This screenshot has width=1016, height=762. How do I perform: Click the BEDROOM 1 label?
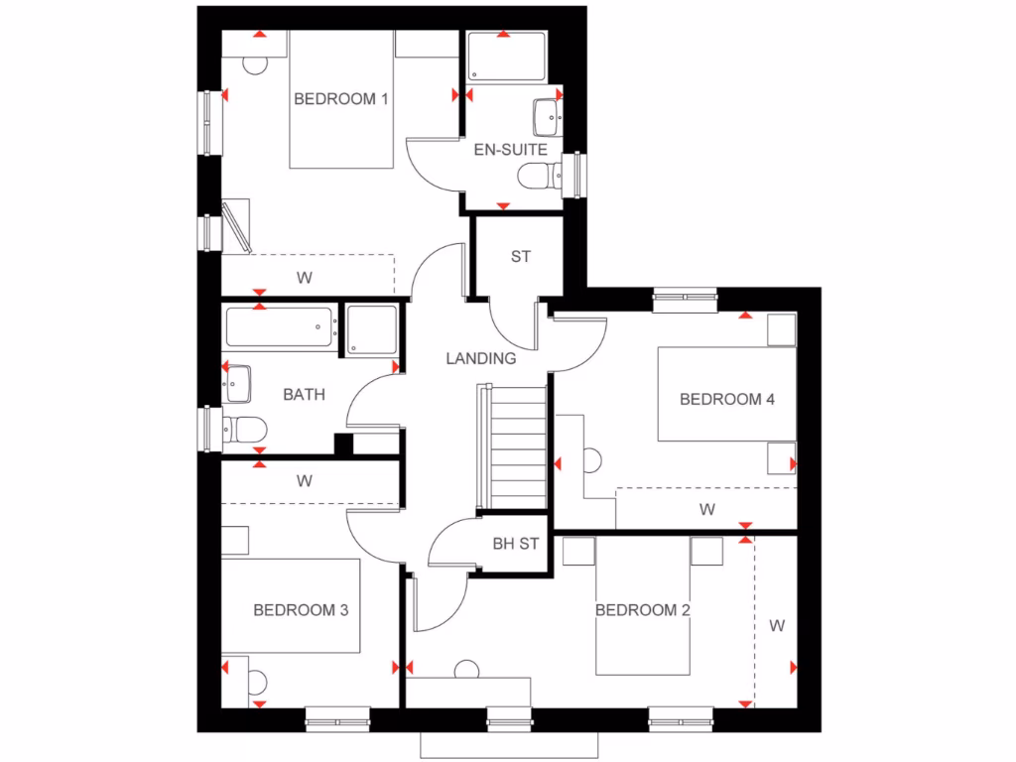(340, 98)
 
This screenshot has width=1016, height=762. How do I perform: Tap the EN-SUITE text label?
(510, 150)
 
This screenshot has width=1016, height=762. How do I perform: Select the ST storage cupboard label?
(520, 257)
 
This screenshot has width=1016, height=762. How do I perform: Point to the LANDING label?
(480, 358)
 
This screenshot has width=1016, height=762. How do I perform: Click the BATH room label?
(304, 394)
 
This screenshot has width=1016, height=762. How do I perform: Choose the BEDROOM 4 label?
(726, 399)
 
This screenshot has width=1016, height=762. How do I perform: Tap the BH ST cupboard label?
(515, 544)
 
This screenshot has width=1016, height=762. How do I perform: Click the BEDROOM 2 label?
(642, 610)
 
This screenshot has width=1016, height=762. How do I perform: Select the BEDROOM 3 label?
(301, 610)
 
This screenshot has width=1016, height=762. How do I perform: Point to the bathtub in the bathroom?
(280, 326)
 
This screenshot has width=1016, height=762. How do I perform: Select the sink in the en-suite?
(547, 117)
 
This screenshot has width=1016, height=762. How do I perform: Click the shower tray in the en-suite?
(506, 58)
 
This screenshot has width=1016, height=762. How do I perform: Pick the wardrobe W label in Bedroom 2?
(777, 626)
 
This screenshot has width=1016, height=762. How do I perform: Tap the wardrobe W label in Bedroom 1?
(304, 277)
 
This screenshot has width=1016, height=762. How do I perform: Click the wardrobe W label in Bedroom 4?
(706, 510)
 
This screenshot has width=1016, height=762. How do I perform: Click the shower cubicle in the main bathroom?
(372, 329)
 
